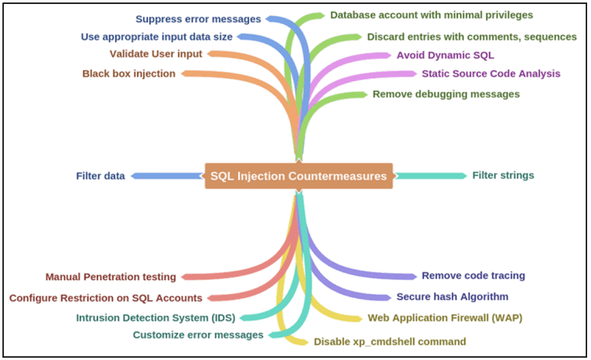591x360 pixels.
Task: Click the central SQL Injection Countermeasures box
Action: (299, 176)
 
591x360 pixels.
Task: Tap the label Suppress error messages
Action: (198, 19)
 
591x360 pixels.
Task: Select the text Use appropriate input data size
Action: (156, 36)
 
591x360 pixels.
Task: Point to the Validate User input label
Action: (155, 54)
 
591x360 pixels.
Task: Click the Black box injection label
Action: (128, 74)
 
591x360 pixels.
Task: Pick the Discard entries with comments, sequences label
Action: (471, 36)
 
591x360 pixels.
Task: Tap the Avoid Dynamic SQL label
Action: (445, 55)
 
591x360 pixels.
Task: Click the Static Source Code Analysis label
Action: (490, 74)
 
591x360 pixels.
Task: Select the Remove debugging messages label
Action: (446, 94)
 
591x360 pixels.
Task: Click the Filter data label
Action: (101, 176)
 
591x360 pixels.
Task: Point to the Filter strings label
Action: (503, 175)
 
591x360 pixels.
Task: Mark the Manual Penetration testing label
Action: (111, 276)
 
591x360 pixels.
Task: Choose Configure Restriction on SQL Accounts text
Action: (106, 297)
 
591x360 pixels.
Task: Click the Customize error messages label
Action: (198, 335)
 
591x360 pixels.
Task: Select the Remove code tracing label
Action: (473, 276)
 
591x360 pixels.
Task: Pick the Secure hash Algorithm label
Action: (453, 297)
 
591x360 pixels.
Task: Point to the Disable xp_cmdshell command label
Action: (390, 341)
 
